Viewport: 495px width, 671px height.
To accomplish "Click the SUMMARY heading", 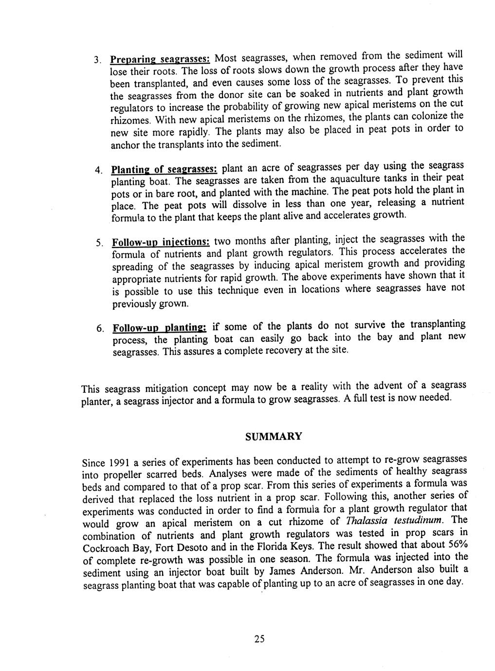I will [x=273, y=436].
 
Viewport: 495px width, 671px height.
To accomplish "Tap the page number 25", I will [x=259, y=639].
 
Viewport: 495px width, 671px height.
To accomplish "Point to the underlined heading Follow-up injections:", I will [x=161, y=242].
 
